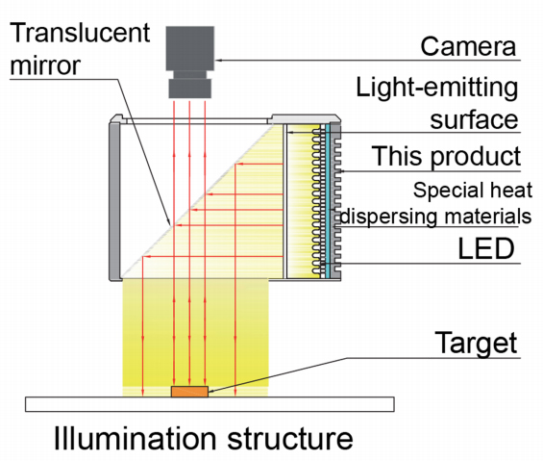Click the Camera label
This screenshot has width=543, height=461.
pos(468,46)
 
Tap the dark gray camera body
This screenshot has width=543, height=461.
pos(189,48)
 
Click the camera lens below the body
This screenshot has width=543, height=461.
pos(189,85)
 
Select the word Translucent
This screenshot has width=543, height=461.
pos(80,33)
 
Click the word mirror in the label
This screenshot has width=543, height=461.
pos(45,64)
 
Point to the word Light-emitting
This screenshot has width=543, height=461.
pos(437,89)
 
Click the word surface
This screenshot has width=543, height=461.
pos(474,119)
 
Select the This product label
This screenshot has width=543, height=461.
pos(446,157)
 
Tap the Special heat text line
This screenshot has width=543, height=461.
pos(473,191)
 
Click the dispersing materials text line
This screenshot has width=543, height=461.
pos(435,217)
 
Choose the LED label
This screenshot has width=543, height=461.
pos(486,248)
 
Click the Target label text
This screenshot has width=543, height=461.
pos(476,343)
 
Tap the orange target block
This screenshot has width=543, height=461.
pos(189,392)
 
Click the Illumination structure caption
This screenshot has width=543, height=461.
pos(204,439)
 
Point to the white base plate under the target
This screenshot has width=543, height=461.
pos(210,404)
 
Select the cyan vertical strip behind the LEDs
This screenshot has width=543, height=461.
pos(328,201)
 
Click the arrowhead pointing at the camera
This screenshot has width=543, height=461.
pos(218,61)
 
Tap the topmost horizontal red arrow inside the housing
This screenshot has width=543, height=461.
pos(259,164)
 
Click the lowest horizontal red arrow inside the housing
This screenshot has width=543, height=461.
pos(212,257)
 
